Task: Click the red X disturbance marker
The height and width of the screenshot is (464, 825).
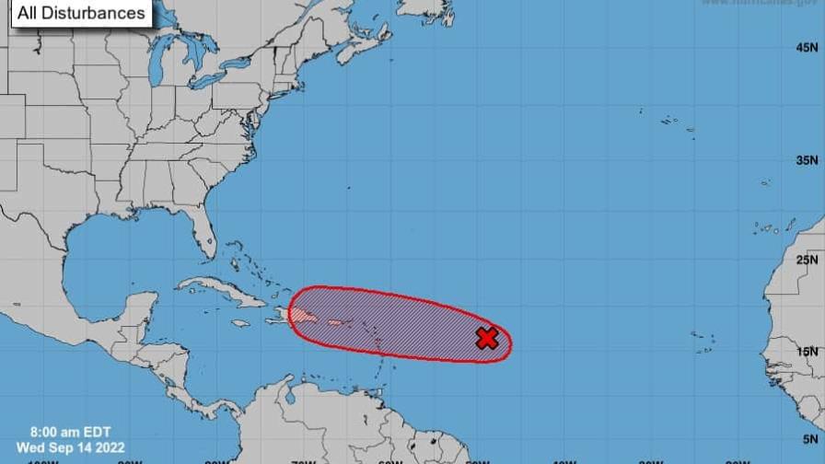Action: click(487, 338)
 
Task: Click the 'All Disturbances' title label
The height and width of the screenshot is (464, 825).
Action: click(81, 13)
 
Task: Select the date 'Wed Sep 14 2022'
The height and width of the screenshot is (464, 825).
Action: click(71, 447)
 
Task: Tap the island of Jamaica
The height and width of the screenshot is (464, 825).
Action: click(240, 323)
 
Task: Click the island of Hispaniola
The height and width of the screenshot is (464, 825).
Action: click(305, 316)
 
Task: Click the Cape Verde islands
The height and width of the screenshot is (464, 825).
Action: click(704, 342)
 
